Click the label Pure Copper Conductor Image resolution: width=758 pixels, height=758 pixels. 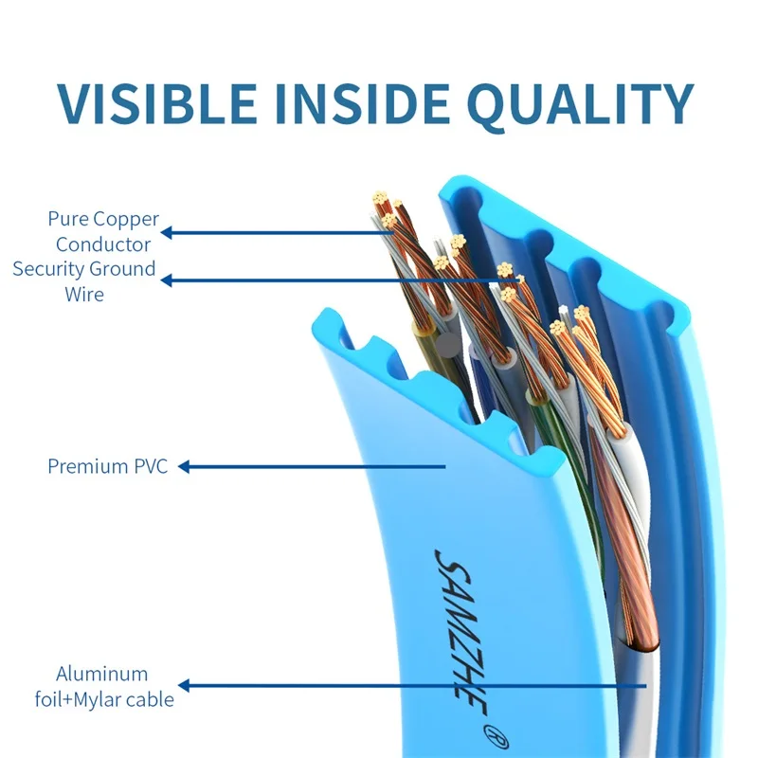tap(103, 231)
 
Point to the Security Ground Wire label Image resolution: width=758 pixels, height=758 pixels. tap(84, 281)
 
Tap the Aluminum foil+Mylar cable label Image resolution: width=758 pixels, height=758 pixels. tap(115, 687)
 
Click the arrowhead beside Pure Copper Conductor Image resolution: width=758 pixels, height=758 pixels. tap(167, 231)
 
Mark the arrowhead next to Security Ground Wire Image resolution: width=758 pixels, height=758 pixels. tap(167, 280)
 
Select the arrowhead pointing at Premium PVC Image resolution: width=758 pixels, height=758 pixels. tap(185, 466)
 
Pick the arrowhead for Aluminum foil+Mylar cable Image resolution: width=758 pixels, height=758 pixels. tap(185, 685)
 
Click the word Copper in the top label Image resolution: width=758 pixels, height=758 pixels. tap(126, 219)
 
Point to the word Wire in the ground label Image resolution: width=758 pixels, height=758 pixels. tap(84, 294)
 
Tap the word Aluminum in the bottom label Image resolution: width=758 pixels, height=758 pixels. tap(102, 675)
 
